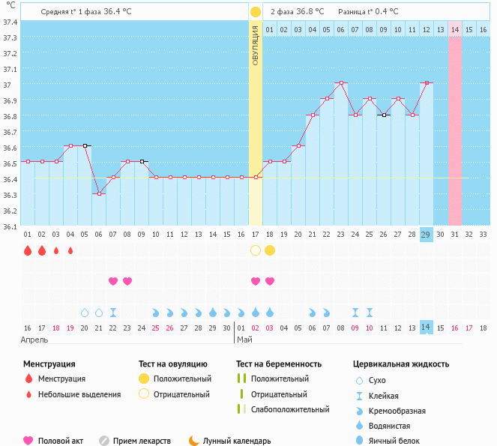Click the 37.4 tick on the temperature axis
click(10, 22)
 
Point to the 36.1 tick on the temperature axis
click(10, 226)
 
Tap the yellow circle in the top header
click(256, 12)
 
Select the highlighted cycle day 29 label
click(426, 235)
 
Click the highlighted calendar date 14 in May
click(426, 328)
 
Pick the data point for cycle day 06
click(99, 193)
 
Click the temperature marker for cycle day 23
click(341, 83)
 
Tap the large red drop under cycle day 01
click(28, 250)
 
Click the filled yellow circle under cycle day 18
click(270, 250)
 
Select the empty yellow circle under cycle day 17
click(256, 250)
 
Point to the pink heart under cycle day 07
click(113, 281)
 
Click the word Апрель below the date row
click(34, 340)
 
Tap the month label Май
click(244, 340)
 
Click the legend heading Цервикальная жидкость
click(401, 364)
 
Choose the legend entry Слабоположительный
click(291, 409)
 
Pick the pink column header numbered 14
click(455, 29)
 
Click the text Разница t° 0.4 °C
click(368, 12)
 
